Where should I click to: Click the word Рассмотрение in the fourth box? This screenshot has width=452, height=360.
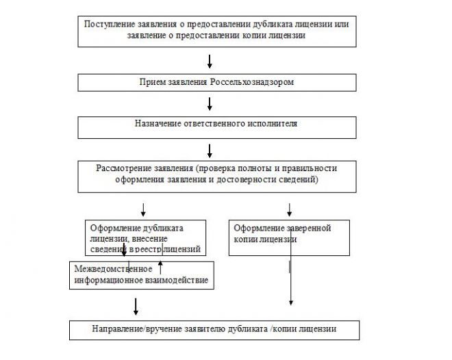pyautogui.click(x=123, y=168)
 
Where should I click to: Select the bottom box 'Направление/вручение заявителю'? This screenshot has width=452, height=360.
pyautogui.click(x=214, y=329)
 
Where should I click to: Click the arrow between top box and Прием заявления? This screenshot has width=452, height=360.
pyautogui.click(x=210, y=62)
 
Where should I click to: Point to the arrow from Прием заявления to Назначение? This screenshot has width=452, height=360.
pyautogui.click(x=210, y=104)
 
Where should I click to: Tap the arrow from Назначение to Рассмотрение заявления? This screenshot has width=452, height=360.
pyautogui.click(x=210, y=149)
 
